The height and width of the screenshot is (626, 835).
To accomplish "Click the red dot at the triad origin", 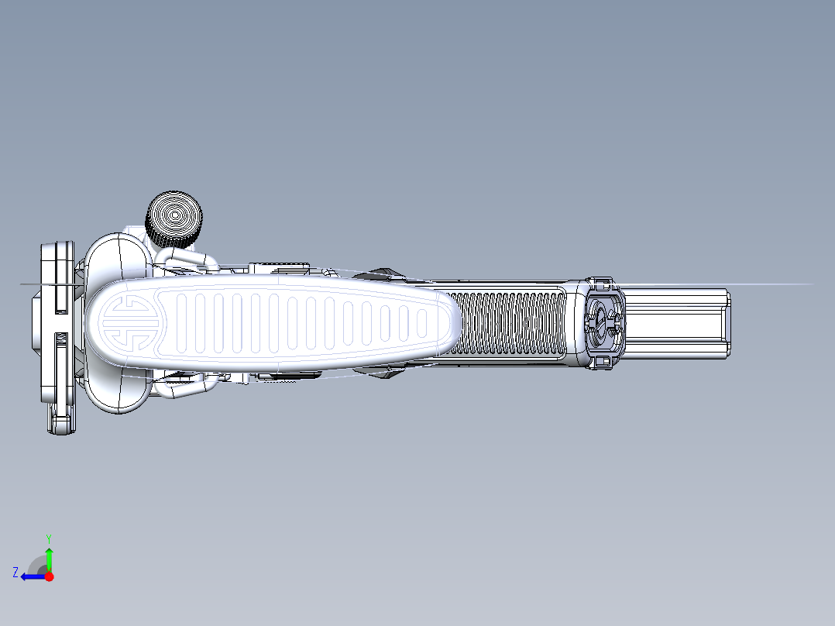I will (49, 576).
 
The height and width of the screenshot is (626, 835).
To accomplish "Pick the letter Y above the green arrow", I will (48, 538).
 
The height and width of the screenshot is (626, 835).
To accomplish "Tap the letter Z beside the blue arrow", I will (15, 573).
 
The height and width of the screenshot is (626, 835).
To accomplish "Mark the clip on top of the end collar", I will (601, 282).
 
